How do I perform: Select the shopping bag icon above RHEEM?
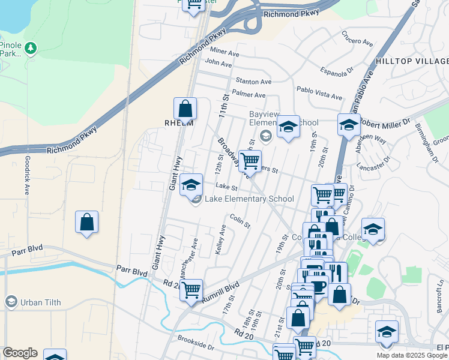[x=185, y=109]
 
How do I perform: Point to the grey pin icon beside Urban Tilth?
[x=10, y=301]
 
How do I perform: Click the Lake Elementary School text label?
[x=249, y=199]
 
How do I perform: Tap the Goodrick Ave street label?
[x=27, y=176]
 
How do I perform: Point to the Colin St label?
[x=240, y=221]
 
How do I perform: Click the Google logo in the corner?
[x=20, y=353]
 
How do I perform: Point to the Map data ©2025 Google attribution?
[x=412, y=355]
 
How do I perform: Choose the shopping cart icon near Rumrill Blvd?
[x=191, y=290]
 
